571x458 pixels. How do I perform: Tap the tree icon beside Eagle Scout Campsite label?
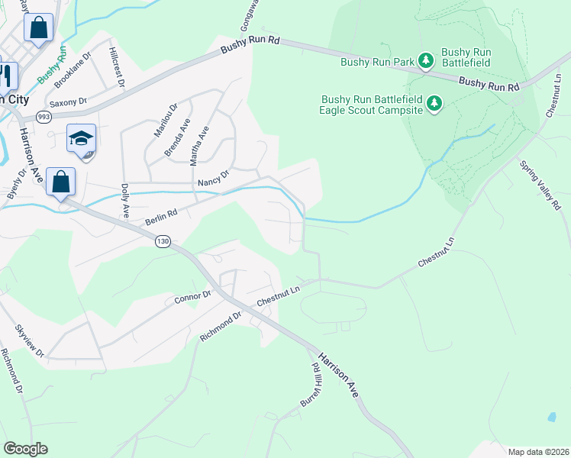coord(434,103)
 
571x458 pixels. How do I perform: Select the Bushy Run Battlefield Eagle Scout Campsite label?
coord(372,105)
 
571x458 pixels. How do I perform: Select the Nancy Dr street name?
coord(213,178)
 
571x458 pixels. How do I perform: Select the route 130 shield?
coord(162,240)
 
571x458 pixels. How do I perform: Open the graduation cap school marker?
coord(81,140)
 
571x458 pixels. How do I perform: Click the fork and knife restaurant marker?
coord(6,75)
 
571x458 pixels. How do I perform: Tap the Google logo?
coord(25,448)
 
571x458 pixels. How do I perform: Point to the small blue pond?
coord(551,418)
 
